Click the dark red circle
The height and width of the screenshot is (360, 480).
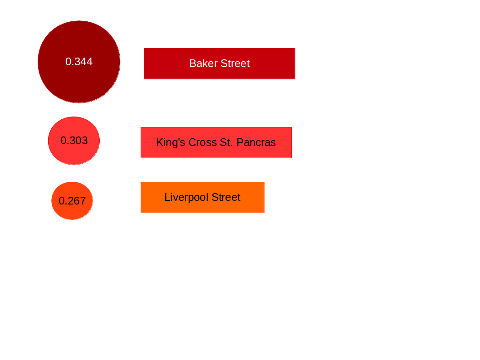[79, 62]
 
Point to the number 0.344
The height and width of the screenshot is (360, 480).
[79, 62]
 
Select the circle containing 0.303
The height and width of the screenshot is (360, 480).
[74, 141]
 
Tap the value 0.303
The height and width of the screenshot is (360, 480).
[74, 141]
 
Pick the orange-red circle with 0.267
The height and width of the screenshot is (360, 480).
[72, 201]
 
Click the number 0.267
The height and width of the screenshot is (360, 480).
[72, 201]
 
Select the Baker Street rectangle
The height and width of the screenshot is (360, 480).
[220, 63]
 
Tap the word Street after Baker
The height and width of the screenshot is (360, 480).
[235, 63]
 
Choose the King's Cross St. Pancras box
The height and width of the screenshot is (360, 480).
[216, 142]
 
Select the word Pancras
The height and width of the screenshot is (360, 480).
[256, 142]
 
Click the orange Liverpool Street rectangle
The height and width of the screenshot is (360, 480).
[203, 197]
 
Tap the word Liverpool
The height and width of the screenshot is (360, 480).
[186, 198]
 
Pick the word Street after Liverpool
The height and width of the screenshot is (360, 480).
[226, 197]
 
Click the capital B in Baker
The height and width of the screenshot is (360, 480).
[193, 63]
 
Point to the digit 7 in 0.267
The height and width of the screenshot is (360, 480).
[83, 201]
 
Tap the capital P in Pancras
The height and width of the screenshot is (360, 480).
[240, 142]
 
